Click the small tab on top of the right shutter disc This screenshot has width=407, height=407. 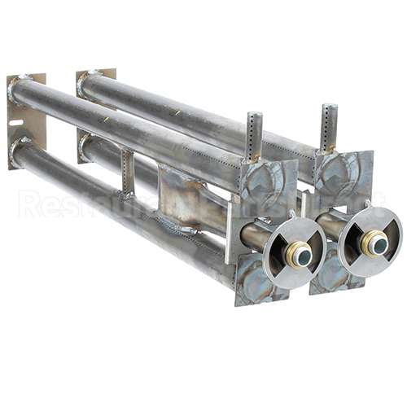tap(369, 203)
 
